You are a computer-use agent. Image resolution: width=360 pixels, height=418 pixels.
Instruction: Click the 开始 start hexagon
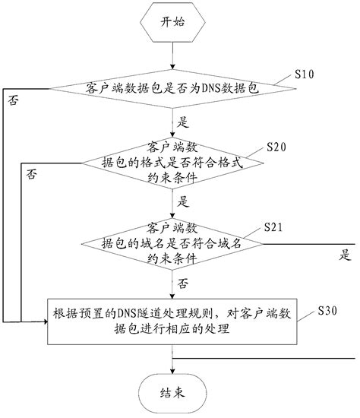[x=174, y=23]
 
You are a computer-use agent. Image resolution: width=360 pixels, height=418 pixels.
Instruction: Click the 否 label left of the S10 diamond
[x=11, y=100]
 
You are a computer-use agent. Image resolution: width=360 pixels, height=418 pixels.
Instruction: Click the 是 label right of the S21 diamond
[x=346, y=255]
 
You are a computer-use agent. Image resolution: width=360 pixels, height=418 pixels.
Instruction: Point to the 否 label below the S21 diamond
[x=183, y=282]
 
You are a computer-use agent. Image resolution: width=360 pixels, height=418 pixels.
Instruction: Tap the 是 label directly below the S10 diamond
[x=182, y=121]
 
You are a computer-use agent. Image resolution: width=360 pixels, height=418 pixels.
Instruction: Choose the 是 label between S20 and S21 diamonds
[x=182, y=202]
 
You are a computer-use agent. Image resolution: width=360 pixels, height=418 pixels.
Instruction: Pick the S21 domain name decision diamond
[x=173, y=243]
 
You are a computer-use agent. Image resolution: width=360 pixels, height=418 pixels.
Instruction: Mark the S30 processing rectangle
[x=174, y=322]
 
